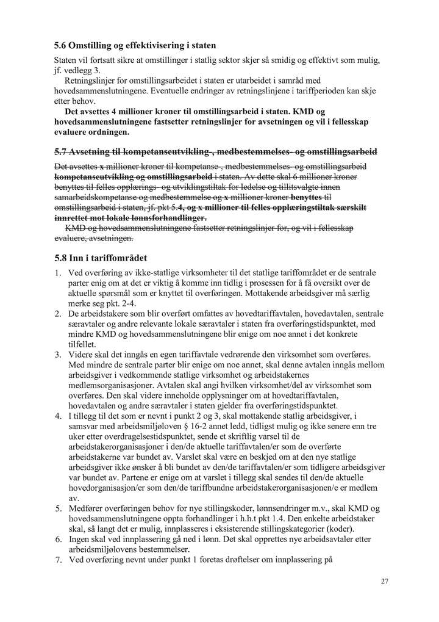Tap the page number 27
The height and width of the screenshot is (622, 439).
[384, 580]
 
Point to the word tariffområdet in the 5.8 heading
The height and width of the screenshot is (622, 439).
[118, 258]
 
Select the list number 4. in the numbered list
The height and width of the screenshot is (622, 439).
[59, 415]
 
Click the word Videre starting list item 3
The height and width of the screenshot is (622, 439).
[82, 354]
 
